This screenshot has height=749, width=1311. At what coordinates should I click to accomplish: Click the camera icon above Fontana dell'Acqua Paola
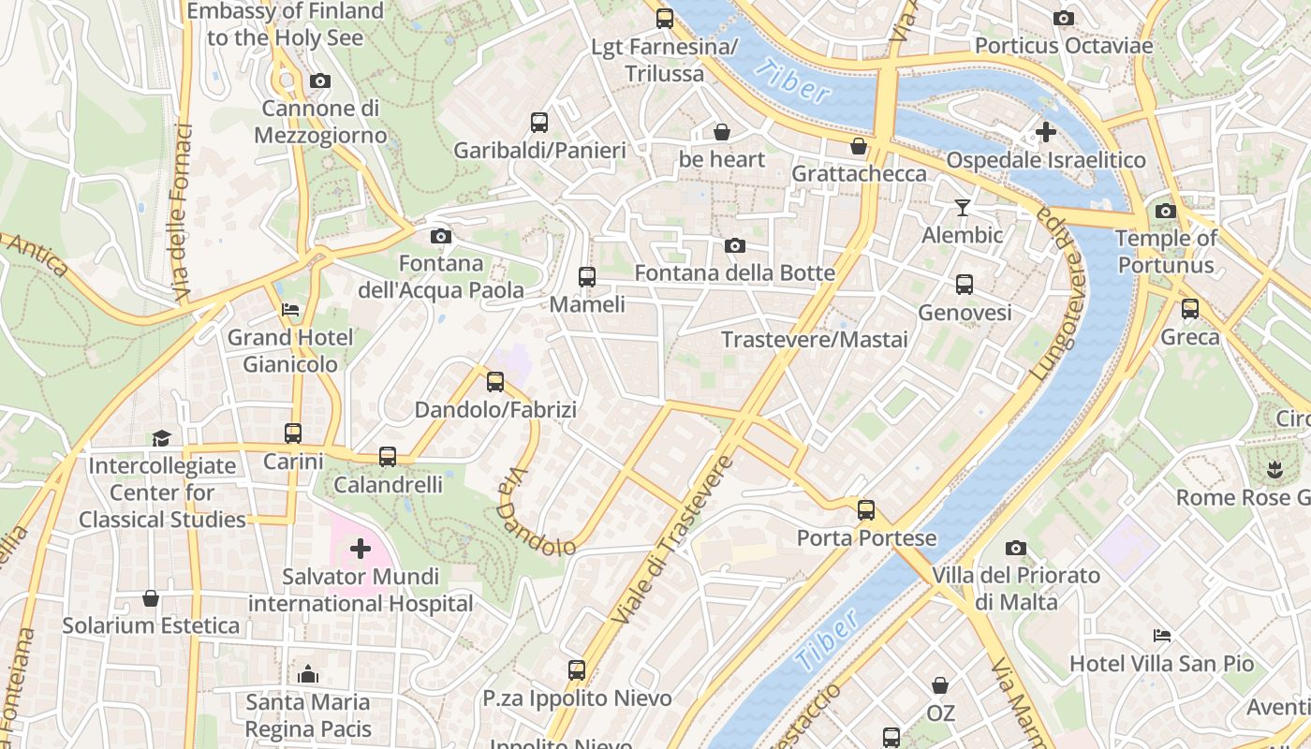(440, 237)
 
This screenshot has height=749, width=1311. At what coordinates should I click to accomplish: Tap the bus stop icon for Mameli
(587, 277)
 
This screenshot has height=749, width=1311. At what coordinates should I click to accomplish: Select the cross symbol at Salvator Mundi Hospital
(361, 549)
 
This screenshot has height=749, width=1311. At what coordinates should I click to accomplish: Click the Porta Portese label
(866, 538)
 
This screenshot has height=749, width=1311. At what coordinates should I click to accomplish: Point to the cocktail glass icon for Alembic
(962, 208)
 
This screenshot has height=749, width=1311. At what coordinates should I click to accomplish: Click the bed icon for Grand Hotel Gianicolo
(290, 310)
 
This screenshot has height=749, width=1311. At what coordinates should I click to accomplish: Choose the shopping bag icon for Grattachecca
(859, 146)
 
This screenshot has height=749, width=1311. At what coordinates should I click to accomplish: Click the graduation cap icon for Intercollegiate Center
(161, 438)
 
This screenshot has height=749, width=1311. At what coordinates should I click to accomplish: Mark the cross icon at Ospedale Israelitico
(1046, 132)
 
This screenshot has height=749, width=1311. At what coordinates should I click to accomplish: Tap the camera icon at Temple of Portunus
(1166, 211)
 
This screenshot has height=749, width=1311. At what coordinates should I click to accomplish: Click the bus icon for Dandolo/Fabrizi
(495, 382)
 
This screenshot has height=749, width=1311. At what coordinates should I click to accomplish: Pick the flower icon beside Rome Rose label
(1273, 469)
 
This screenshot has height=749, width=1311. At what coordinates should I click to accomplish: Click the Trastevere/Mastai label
(814, 340)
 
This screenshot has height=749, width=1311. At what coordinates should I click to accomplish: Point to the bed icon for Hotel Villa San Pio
(1162, 636)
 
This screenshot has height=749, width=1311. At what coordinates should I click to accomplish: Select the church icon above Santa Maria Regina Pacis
(308, 674)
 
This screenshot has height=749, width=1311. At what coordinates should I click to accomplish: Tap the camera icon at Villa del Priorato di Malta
(1016, 548)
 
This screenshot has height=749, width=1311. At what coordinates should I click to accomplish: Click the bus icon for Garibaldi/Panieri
(539, 123)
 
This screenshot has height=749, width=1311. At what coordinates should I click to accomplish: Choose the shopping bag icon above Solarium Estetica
(151, 597)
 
